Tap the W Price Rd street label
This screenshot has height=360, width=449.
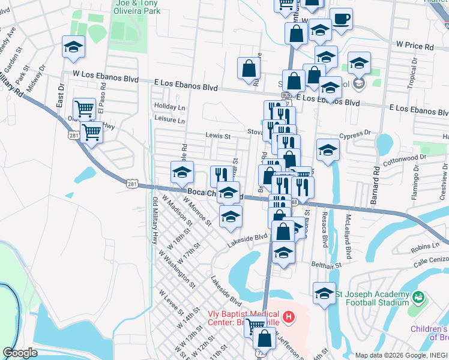[x=415, y=46]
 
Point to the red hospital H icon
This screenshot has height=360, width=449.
[x=289, y=316]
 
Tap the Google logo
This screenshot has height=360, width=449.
[x=20, y=353]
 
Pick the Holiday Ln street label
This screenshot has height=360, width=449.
[x=169, y=107]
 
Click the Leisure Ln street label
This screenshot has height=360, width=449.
[x=169, y=121]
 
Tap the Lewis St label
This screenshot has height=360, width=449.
[x=218, y=136]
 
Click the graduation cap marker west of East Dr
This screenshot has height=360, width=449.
[x=73, y=48]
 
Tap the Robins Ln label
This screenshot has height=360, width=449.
[x=426, y=247]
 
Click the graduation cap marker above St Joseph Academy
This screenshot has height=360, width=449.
[x=324, y=293]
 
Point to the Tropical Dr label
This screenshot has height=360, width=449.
[x=412, y=77]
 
